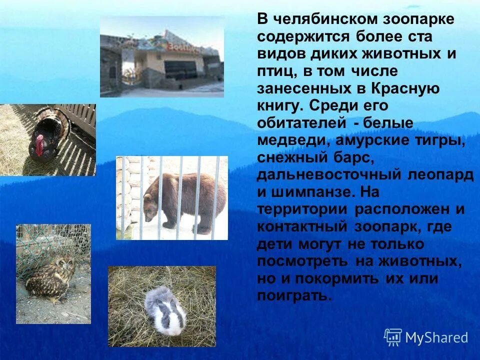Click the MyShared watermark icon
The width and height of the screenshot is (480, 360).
coord(393,337)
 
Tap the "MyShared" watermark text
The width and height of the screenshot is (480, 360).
coord(436,337)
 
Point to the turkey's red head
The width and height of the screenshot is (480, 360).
coord(39,145)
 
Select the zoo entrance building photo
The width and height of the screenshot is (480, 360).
coord(161,56)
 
